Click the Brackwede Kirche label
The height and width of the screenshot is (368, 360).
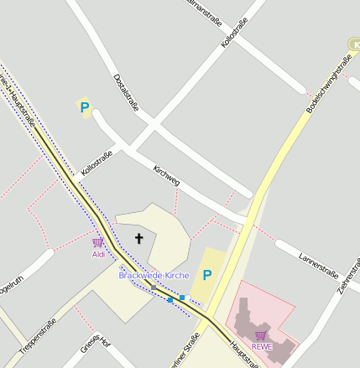[x=154, y=275]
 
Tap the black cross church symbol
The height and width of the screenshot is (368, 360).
[x=139, y=239]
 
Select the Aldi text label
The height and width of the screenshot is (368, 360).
[x=98, y=254]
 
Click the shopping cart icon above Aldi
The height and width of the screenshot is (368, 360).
[x=98, y=243]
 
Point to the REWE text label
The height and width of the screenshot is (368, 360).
[x=261, y=346]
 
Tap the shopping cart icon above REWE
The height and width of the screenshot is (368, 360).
[x=261, y=335]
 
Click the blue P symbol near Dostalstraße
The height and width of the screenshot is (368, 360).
[x=84, y=106]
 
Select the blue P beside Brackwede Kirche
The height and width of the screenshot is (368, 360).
[x=207, y=275]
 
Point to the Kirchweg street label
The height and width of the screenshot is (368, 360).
[x=167, y=176]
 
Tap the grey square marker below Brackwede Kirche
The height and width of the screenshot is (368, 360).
[x=154, y=288]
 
